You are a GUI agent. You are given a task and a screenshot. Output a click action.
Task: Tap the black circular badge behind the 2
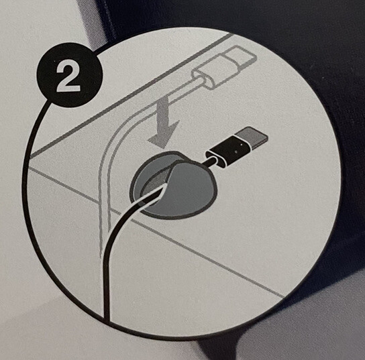click(69, 75)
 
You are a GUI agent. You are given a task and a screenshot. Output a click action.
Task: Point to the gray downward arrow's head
click(164, 134)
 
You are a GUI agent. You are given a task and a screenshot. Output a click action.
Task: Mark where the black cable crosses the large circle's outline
click(107, 318)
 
